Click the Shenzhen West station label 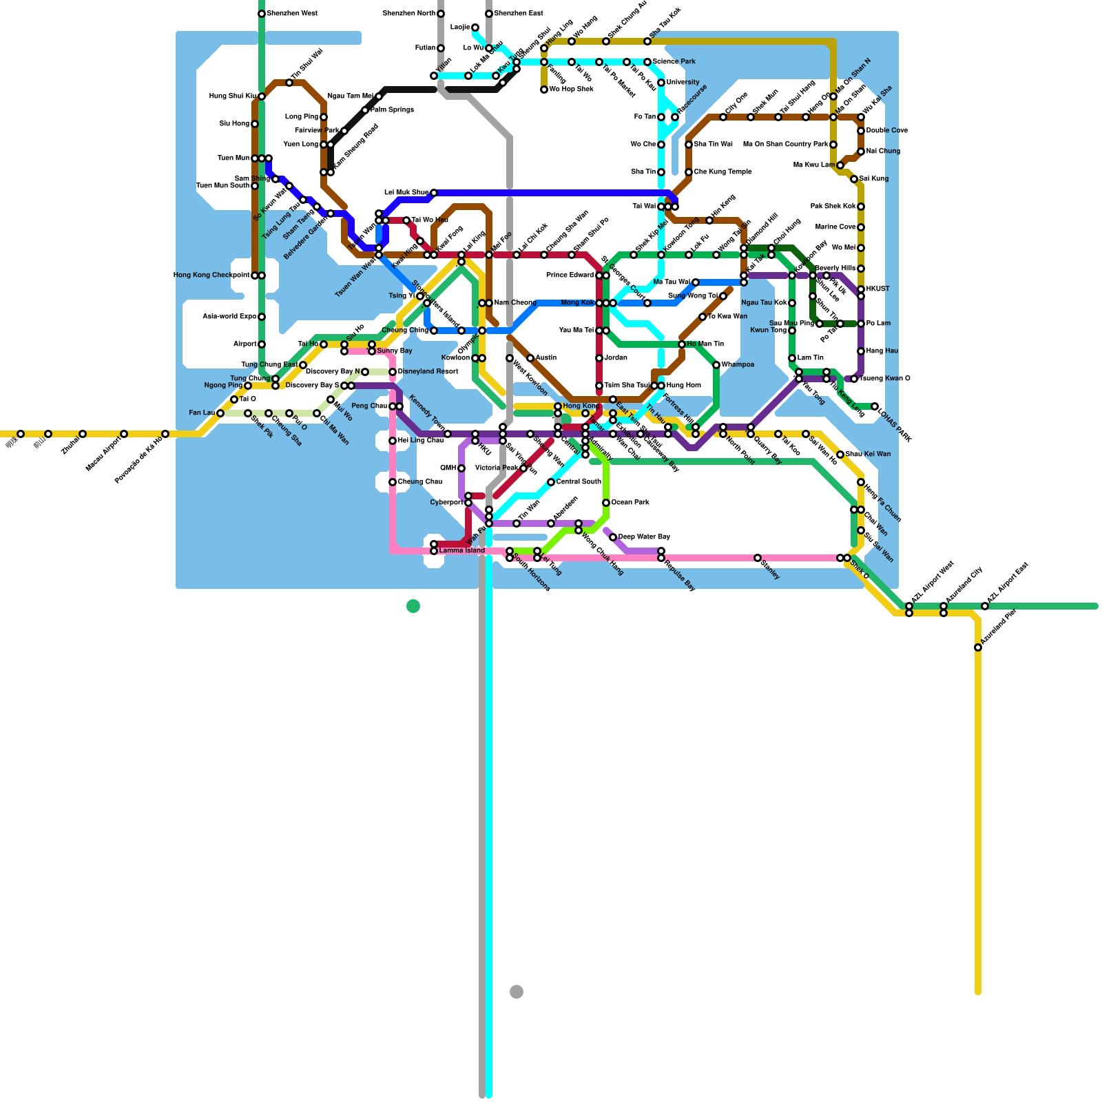(292, 14)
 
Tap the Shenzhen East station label (519, 14)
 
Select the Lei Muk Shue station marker (434, 193)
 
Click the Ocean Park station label (631, 503)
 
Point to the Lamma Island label (462, 551)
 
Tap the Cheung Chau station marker (393, 482)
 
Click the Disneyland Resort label (428, 372)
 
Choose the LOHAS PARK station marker (875, 406)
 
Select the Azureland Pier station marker (978, 647)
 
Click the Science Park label (674, 62)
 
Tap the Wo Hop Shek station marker (544, 90)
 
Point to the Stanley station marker (758, 558)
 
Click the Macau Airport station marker (124, 434)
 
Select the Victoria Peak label (497, 468)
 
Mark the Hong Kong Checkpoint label (211, 275)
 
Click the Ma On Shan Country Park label (786, 145)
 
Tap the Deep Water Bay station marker (613, 537)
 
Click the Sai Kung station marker (854, 179)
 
